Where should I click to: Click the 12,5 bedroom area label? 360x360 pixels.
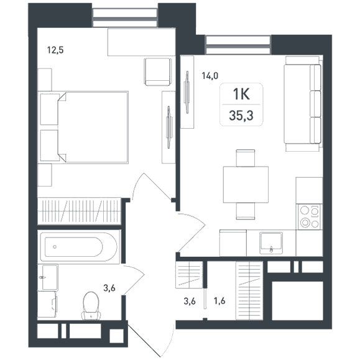[x=55, y=50]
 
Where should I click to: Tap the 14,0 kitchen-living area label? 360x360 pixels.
[x=210, y=75]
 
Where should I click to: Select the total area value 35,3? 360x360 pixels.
[x=241, y=116]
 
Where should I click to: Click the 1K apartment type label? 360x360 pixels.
[x=241, y=94]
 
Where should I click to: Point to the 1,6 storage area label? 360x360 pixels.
[x=219, y=301]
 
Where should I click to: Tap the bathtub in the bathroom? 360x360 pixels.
[x=79, y=247]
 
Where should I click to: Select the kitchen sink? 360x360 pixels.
[x=271, y=243]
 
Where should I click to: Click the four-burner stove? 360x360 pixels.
[x=309, y=217]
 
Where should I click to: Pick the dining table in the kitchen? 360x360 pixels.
[x=246, y=185]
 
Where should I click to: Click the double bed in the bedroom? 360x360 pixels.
[x=83, y=127]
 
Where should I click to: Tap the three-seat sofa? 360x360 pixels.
[x=302, y=104]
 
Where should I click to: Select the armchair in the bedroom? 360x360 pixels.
[x=158, y=72]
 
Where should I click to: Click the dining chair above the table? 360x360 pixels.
[x=246, y=158]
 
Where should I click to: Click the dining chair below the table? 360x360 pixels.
[x=246, y=211]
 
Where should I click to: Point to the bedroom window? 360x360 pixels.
[x=125, y=18]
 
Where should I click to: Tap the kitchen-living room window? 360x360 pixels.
[x=238, y=45]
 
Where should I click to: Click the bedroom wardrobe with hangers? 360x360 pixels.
[x=79, y=211]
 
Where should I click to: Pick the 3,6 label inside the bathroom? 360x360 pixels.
[x=109, y=288]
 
